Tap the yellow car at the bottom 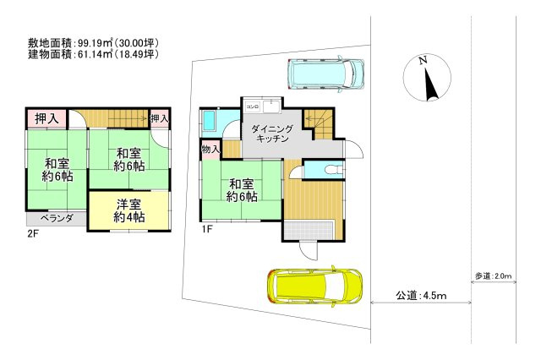click(x=314, y=285)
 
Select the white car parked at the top click(x=325, y=74)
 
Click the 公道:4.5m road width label click(x=420, y=296)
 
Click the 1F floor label click(x=206, y=229)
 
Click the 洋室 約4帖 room click(x=128, y=210)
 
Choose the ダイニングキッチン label click(x=273, y=134)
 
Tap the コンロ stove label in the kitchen click(x=252, y=106)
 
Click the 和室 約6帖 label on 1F click(x=241, y=190)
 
